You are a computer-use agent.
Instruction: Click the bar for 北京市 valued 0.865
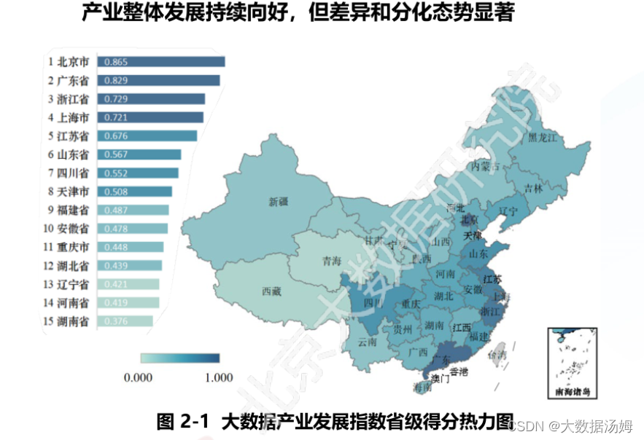tap(160, 62)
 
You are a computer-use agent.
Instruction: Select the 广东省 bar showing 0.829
tap(158, 80)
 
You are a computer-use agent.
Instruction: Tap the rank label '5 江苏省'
tap(69, 136)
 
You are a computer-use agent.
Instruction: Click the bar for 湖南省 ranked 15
tap(125, 321)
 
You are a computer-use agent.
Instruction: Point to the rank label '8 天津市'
tap(69, 192)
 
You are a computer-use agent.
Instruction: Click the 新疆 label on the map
tap(278, 202)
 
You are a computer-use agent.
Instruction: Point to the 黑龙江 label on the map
tap(543, 137)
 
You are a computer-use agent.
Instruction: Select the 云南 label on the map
tap(368, 342)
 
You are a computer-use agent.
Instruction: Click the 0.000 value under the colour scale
tap(138, 377)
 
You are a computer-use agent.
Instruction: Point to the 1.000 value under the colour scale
tap(218, 377)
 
